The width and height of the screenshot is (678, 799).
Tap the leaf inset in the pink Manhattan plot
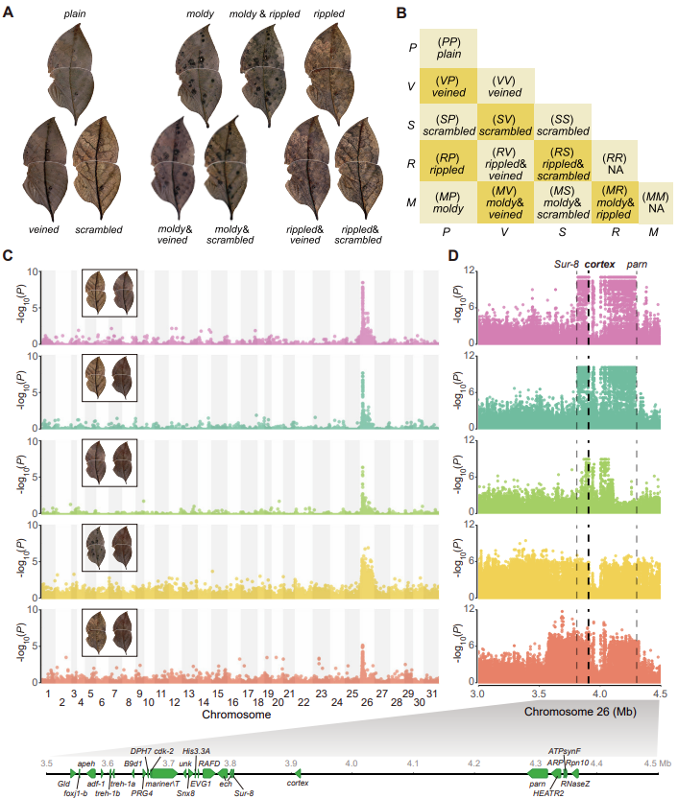pos(109,289)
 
